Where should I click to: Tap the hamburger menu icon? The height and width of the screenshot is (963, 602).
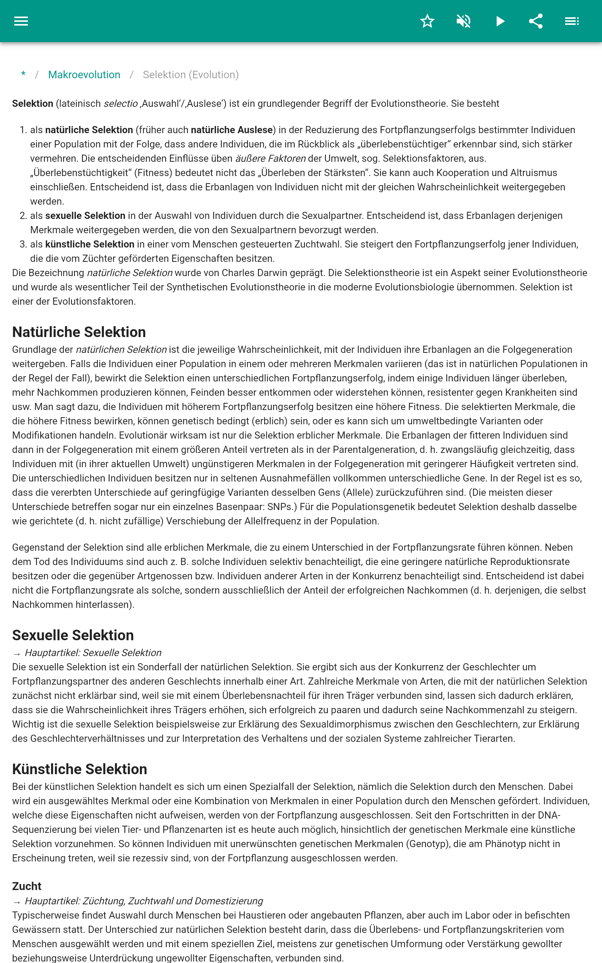coord(21,21)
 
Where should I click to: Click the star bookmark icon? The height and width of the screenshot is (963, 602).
coord(427,21)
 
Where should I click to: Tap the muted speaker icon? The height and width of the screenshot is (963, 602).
coord(464,21)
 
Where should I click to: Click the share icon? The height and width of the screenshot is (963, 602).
coord(536,21)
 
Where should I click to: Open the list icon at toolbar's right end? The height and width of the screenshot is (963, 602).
coord(572,21)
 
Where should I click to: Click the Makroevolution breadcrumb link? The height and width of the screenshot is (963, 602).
coord(84,75)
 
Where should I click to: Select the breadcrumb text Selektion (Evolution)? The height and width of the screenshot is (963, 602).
coord(191,75)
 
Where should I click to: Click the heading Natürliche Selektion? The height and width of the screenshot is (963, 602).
coord(79,332)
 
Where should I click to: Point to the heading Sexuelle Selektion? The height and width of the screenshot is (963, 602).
coord(73,635)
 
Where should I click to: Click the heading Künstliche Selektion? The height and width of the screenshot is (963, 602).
coord(80,769)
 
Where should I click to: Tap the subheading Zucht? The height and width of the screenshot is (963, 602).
coord(27,886)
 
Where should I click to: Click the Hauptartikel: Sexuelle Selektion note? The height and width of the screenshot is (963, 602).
coord(93,653)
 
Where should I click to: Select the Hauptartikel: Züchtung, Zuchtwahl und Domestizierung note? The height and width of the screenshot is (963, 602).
coord(143,901)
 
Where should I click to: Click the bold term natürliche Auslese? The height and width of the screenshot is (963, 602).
coord(232,130)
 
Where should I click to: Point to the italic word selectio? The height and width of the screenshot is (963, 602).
coord(121,104)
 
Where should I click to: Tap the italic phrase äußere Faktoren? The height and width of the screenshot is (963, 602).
coord(271,159)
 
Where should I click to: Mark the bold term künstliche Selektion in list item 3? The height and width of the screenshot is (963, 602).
coord(90,245)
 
